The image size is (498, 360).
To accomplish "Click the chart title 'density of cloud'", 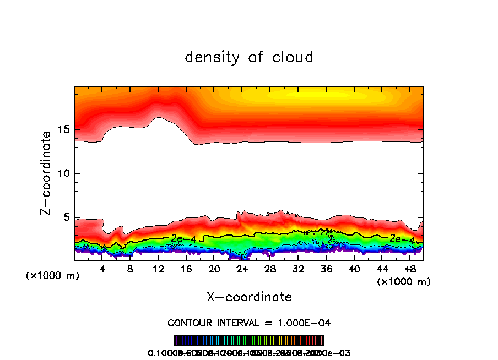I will tap(249, 57).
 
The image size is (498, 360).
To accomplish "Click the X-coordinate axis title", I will tap(249, 297).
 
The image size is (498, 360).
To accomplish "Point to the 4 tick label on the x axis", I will tap(102, 269).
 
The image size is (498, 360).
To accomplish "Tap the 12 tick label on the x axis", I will tap(158, 269).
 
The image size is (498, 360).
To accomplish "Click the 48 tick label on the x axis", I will tap(409, 269).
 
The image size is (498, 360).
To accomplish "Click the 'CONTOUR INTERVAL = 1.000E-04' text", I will tap(249, 323).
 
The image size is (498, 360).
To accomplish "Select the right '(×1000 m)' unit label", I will tap(404, 282).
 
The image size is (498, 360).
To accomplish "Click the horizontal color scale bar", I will tap(249, 340).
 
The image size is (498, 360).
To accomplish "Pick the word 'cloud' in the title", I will tap(294, 57).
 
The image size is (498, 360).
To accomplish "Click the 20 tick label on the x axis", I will tap(214, 269).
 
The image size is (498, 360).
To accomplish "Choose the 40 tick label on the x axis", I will tap(354, 269).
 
